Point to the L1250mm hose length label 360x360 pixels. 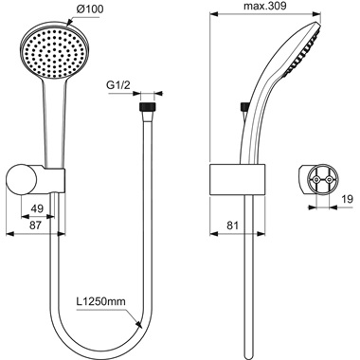[102, 304]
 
